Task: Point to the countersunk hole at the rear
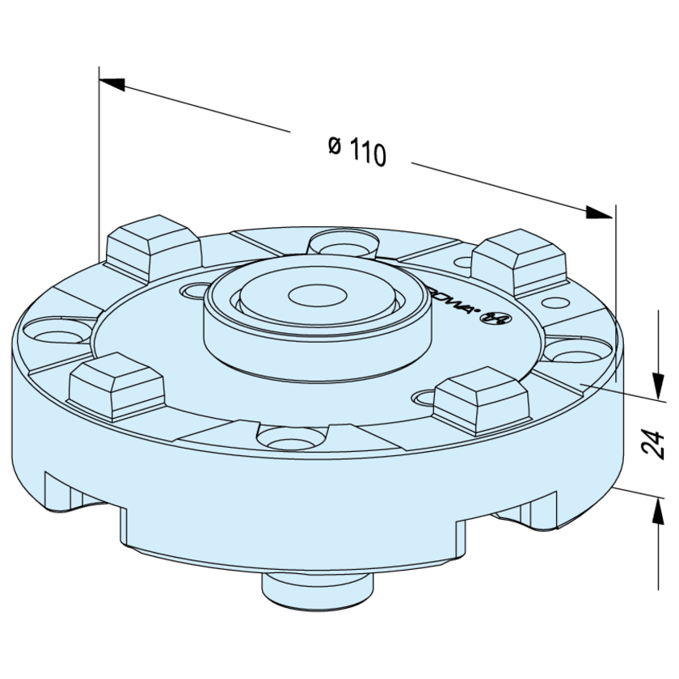click(344, 242)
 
